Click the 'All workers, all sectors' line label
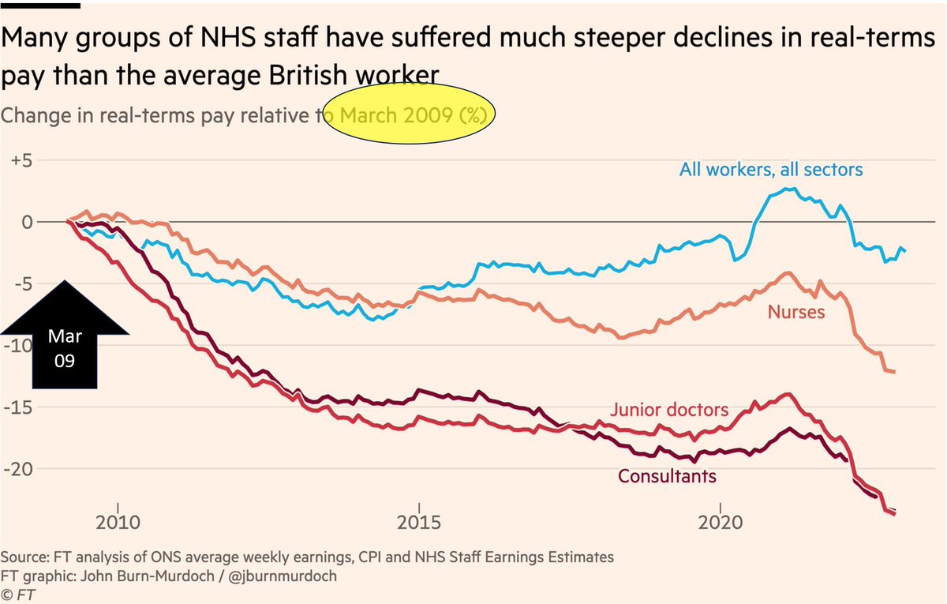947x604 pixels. tap(771, 169)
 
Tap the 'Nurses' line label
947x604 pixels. tap(795, 312)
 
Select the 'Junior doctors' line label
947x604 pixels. tap(668, 410)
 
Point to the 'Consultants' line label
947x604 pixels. tap(667, 476)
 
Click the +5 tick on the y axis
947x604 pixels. tap(20, 160)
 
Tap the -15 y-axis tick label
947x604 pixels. tap(20, 407)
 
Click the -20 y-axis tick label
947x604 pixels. tap(20, 469)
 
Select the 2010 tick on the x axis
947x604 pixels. tap(118, 523)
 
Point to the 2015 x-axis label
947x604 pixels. tap(418, 523)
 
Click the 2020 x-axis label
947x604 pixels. tap(721, 523)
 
